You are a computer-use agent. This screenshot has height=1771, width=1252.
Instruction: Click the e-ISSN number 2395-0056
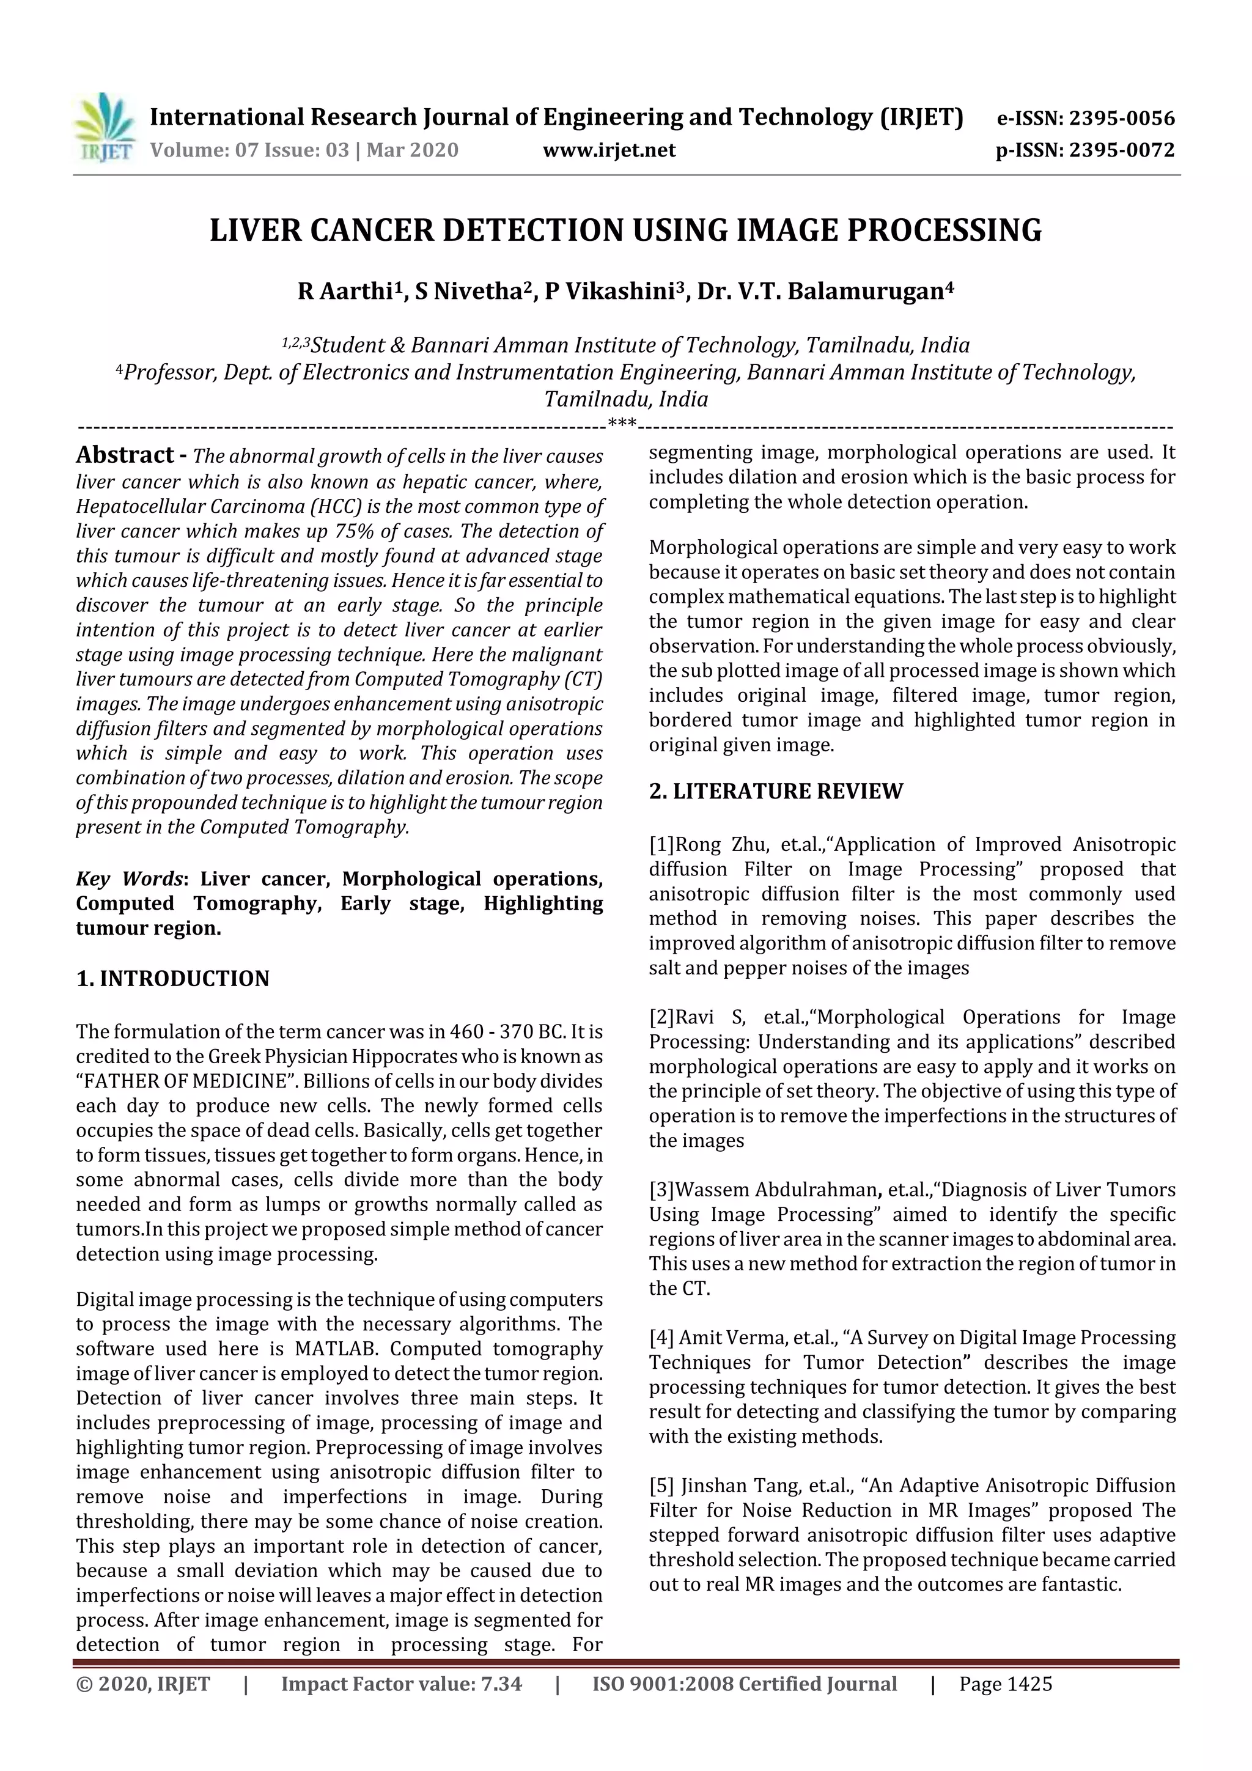[1122, 119]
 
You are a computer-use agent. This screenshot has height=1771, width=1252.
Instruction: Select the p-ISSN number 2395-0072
[1122, 150]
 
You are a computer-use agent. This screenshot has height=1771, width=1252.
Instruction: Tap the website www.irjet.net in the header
[609, 150]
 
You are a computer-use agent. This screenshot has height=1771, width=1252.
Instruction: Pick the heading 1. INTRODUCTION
[173, 979]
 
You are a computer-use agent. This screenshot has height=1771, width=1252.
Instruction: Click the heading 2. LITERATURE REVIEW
[775, 792]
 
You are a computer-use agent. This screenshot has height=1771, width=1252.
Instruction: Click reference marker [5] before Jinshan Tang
[661, 1486]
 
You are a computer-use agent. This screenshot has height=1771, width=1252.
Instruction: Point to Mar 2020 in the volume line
[412, 150]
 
